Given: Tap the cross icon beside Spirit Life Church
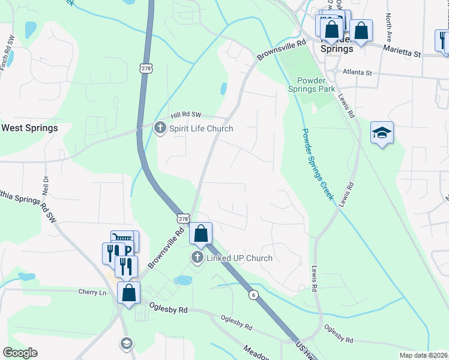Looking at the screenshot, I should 160,128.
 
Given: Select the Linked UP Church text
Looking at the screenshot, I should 240,258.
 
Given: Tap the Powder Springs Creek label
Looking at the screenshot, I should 318,164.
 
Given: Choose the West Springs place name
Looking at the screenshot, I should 29,128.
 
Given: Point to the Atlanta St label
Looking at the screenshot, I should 357,73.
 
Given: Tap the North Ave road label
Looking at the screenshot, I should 389,27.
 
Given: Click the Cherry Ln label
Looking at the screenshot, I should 92,292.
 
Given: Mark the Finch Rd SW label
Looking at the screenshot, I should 7,53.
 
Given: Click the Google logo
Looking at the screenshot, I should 20,353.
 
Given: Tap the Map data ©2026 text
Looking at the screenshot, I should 423,355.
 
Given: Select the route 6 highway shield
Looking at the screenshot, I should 254,294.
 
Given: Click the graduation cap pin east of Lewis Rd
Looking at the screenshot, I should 382,133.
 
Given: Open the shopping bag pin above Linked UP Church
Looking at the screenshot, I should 201,233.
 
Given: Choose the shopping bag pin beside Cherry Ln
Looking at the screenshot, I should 128,293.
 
